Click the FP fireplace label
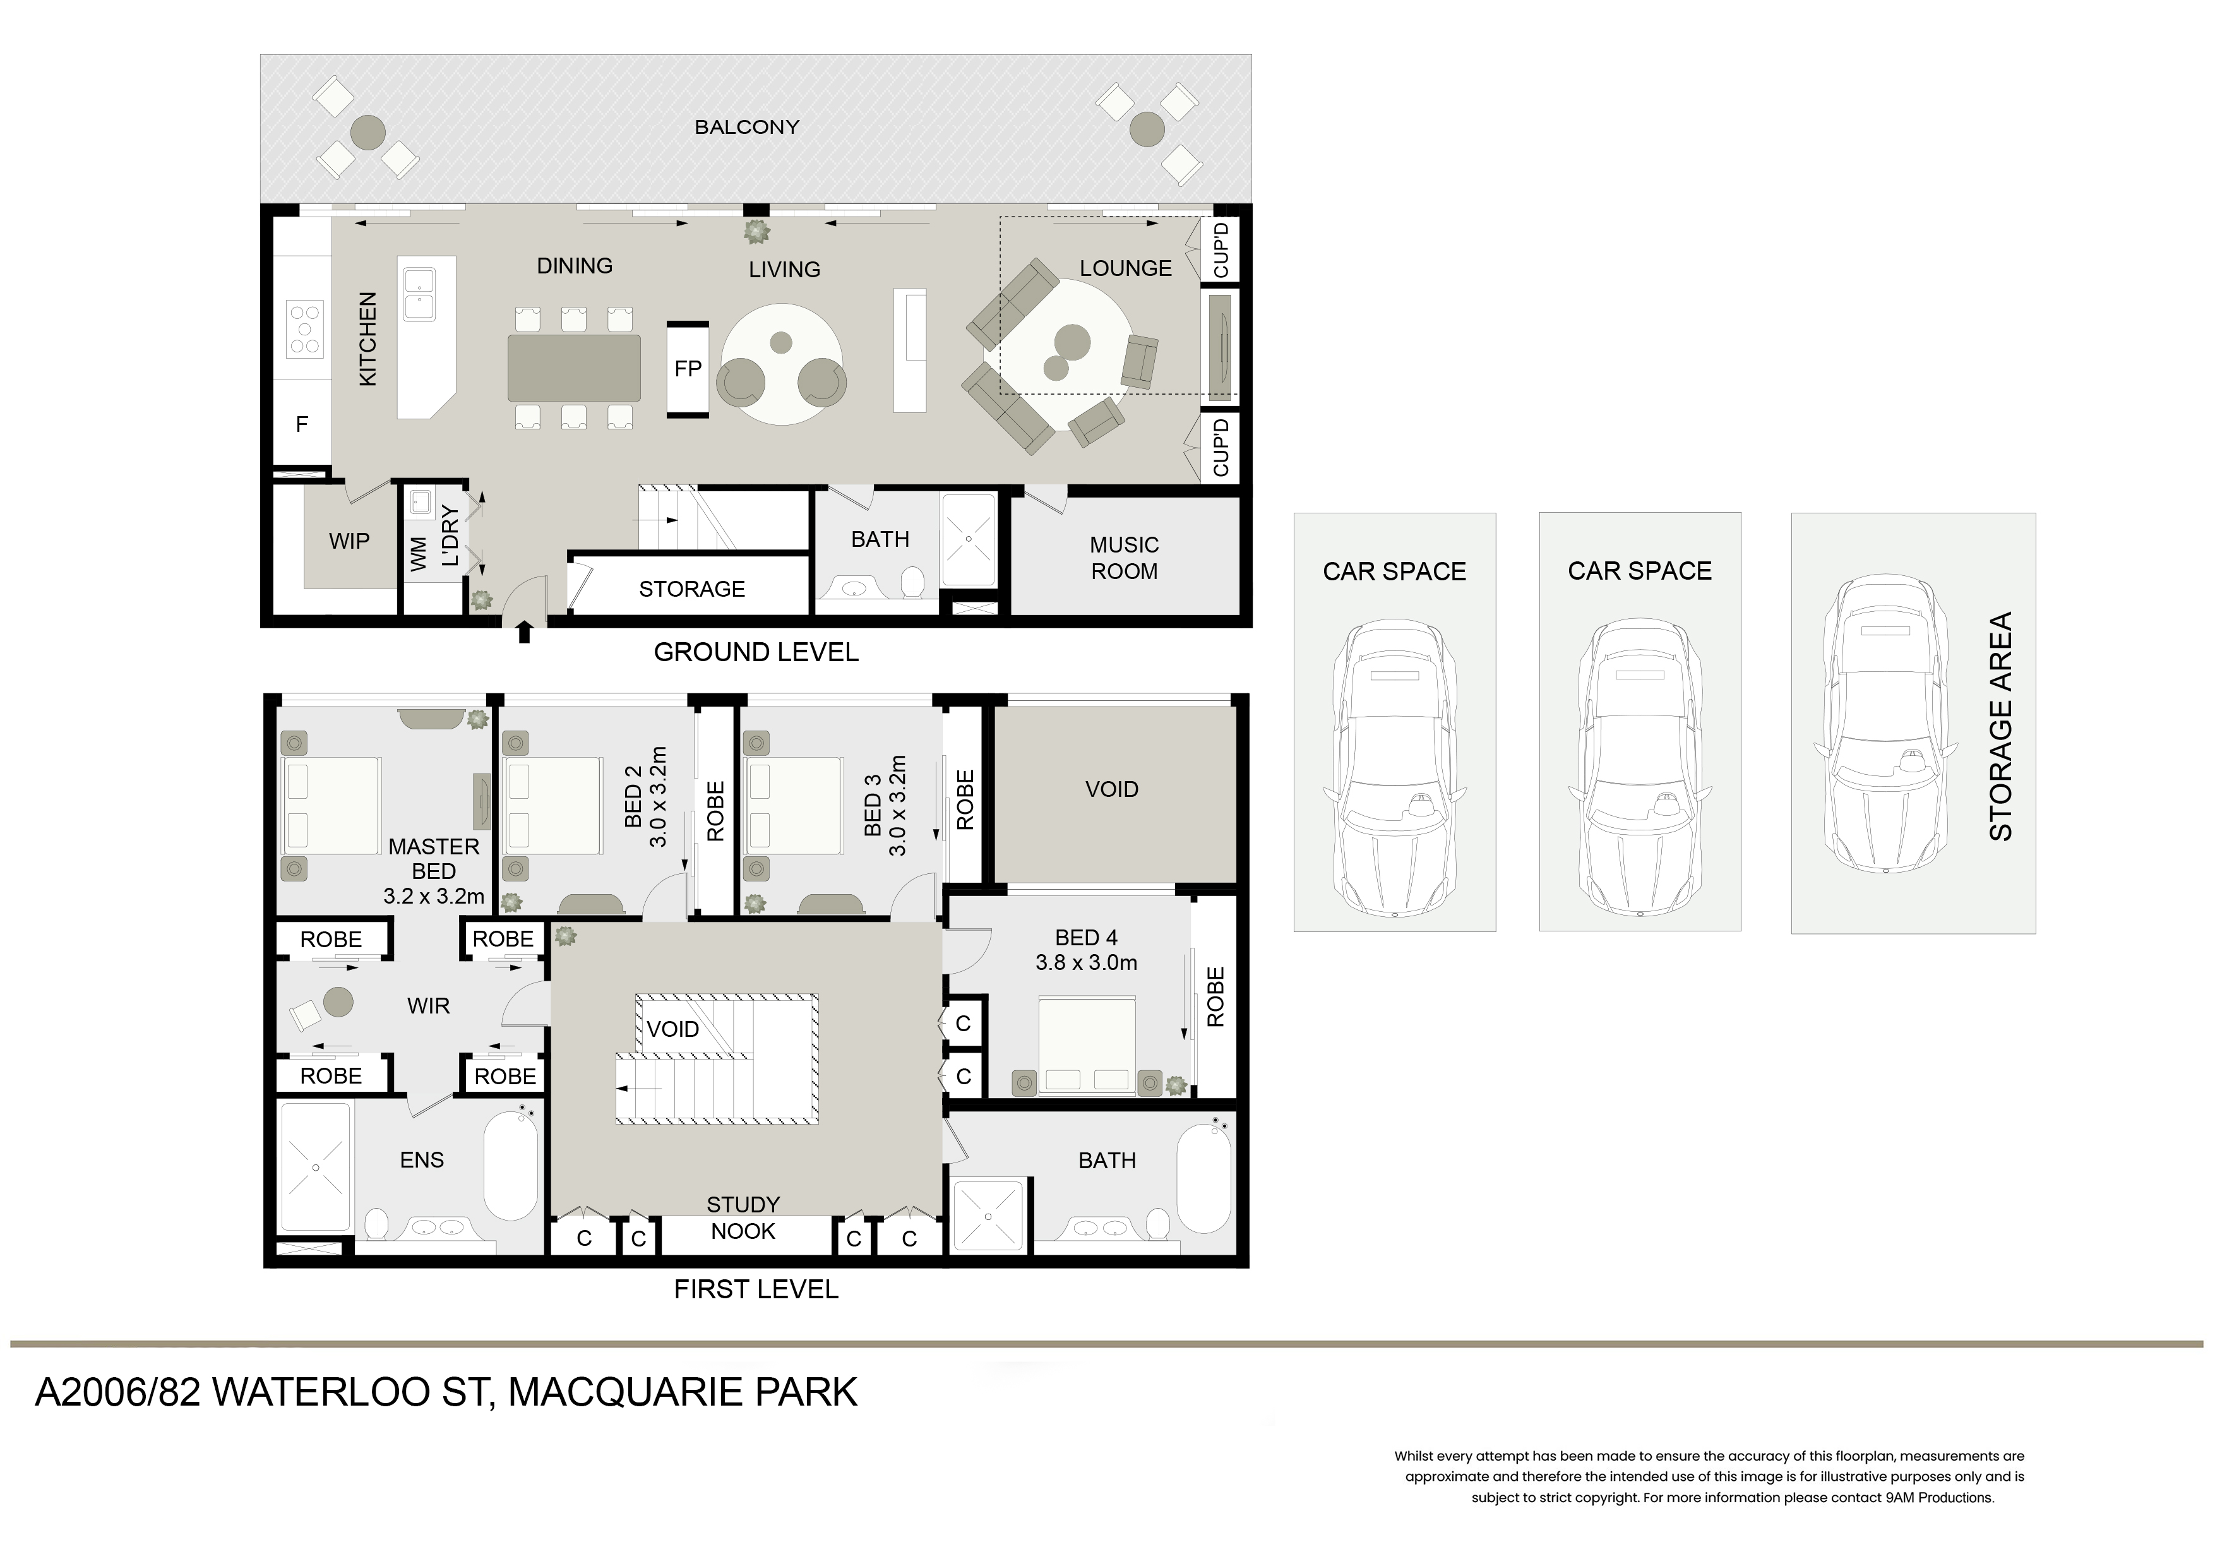click(x=688, y=369)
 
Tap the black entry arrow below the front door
click(x=524, y=633)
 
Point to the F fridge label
click(x=302, y=424)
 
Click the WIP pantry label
click(x=349, y=541)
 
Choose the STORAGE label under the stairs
click(x=691, y=589)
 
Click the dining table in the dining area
click(x=574, y=368)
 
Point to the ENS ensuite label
click(x=422, y=1160)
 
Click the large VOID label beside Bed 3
click(x=1111, y=789)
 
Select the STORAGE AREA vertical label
click(x=2001, y=727)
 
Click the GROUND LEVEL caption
click(x=755, y=652)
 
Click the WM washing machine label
click(x=419, y=556)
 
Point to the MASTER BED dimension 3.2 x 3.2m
click(x=434, y=897)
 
